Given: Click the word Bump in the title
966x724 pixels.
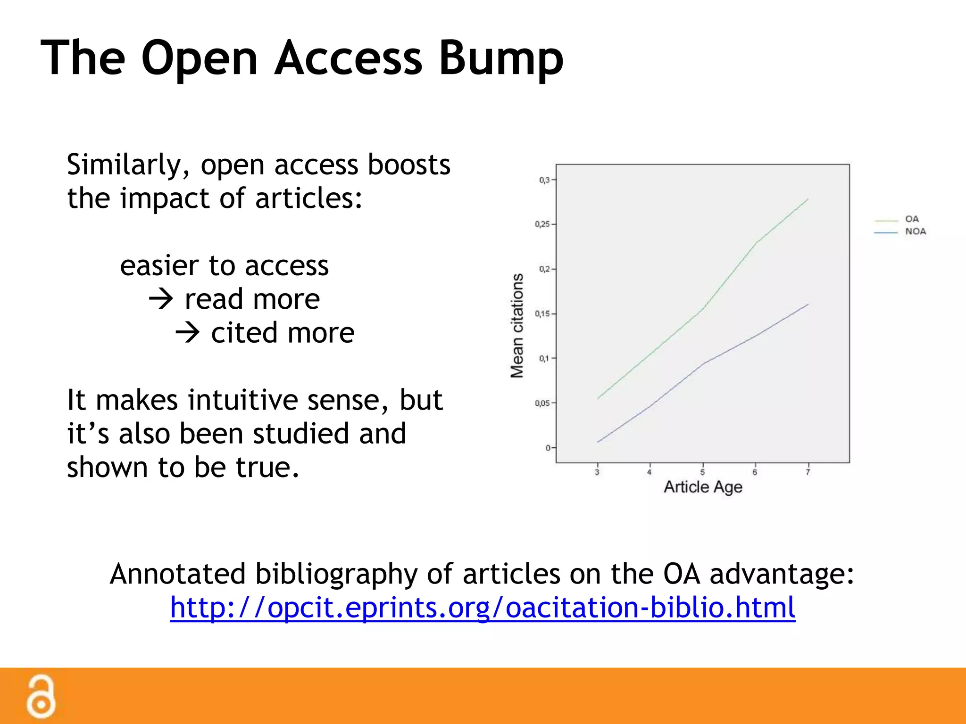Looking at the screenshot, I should [501, 59].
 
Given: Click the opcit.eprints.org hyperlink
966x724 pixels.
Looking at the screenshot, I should [483, 607].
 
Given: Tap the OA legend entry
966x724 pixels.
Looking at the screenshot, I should [911, 219].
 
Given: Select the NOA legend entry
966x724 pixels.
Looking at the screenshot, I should [915, 231].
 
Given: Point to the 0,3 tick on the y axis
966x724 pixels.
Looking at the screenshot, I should [545, 180].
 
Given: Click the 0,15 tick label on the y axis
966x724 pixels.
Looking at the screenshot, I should [542, 314].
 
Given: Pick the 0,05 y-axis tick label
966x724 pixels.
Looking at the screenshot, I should [542, 403].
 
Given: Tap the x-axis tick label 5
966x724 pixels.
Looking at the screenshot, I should [702, 472].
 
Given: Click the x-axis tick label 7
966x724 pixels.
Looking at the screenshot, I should [808, 472].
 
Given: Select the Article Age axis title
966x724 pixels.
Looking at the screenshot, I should [703, 487].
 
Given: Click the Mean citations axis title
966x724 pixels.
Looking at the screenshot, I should [517, 325].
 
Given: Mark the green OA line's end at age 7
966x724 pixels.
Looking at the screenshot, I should [808, 199].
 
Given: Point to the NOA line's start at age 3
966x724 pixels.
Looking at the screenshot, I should [598, 442].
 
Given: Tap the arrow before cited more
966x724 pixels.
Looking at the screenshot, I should [188, 333].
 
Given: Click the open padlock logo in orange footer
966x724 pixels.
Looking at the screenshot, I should [41, 697].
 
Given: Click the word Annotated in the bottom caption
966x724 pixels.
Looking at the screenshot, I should [178, 574].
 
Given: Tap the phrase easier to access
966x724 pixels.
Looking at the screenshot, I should [224, 266].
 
